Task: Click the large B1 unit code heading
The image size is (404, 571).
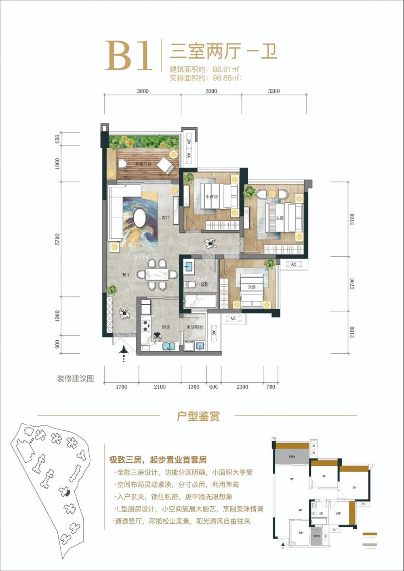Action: point(129,56)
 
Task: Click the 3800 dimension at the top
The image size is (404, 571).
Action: point(143,91)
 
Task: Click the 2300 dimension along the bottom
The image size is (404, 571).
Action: point(242,387)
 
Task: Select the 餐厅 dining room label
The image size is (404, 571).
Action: point(126,274)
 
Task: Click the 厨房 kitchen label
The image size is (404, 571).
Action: point(166,327)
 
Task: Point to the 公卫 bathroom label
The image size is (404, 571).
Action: point(204,284)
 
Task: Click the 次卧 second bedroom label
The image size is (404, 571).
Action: point(252,287)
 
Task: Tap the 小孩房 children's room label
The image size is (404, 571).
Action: point(211,196)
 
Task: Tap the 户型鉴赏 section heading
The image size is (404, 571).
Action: point(198,416)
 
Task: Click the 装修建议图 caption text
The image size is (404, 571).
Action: point(76,379)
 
